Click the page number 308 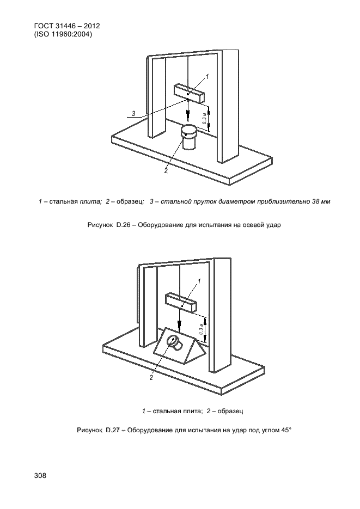tap(40, 475)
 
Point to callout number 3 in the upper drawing tap(133, 113)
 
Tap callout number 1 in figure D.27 tap(199, 281)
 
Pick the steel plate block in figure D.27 tap(181, 302)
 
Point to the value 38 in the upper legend tap(316, 201)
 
